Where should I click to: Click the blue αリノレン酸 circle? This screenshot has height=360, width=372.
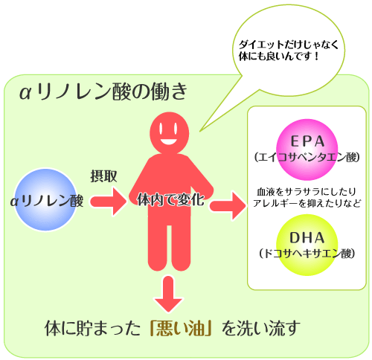tap(45, 200)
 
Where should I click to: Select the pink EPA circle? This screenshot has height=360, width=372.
tap(307, 150)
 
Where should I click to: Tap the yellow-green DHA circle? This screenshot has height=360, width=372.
tap(307, 245)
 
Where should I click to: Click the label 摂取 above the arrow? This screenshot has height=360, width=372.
tap(103, 176)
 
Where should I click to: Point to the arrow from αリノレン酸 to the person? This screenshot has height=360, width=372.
tap(109, 202)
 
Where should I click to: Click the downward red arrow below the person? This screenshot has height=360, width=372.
tap(168, 294)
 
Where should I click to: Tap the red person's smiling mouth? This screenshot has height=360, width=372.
tap(169, 141)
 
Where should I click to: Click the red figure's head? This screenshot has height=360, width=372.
tap(170, 133)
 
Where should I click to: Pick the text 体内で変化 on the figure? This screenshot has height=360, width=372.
tap(171, 200)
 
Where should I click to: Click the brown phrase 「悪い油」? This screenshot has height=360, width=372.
tap(181, 329)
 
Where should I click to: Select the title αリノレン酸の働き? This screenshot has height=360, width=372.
tap(103, 92)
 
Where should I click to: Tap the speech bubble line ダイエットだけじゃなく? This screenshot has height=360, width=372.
tap(289, 45)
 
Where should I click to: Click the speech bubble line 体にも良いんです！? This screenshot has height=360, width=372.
tap(279, 57)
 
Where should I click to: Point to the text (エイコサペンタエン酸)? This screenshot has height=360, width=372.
tap(307, 157)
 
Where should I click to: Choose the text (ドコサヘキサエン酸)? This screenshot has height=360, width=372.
tap(307, 254)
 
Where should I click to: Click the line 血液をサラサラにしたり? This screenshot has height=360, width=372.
tap(307, 192)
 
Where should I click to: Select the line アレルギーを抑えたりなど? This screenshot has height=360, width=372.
tap(307, 203)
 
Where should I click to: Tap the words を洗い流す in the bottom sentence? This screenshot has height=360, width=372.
tap(261, 328)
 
